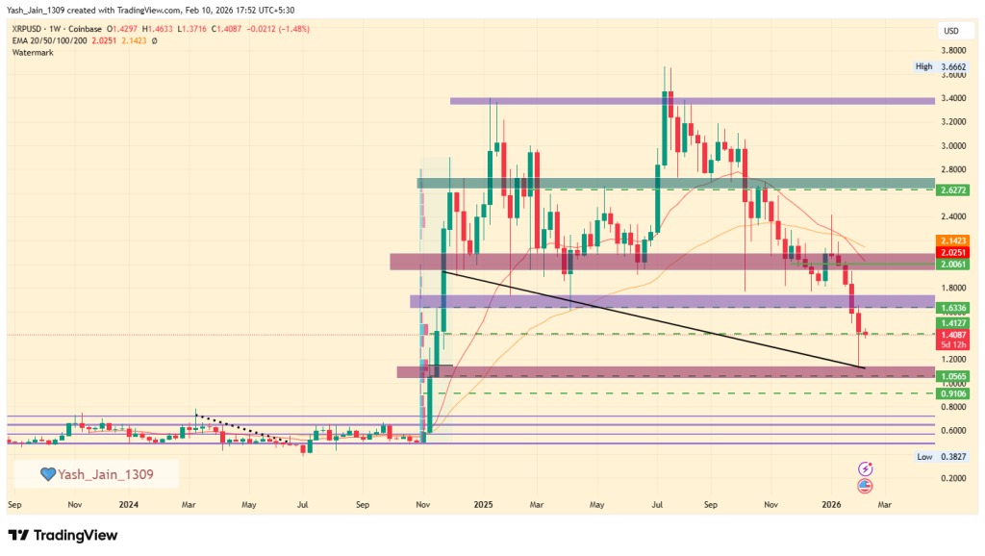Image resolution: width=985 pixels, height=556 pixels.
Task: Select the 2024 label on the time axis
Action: tap(130, 503)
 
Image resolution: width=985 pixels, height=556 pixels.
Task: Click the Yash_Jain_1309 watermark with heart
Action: tap(96, 473)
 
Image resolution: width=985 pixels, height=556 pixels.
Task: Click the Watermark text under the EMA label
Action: tap(33, 52)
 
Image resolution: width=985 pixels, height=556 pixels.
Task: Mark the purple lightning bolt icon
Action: tap(865, 468)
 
